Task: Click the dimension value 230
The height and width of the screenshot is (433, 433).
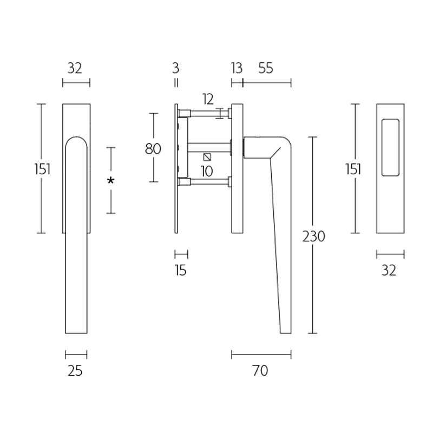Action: pos(313,237)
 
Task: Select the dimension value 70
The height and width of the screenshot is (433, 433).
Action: pos(260,371)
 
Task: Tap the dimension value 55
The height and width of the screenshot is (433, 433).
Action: pos(266,68)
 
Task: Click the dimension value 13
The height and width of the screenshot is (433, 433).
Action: pos(236,68)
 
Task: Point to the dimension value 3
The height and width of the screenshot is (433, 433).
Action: pos(175,68)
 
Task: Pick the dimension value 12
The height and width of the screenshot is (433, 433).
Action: pos(208,99)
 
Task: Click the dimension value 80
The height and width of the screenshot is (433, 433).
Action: pos(153,148)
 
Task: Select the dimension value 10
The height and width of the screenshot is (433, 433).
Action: pos(206,172)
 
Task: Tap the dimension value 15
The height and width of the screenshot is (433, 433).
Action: pos(181,270)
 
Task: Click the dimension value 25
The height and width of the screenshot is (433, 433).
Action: pos(75,371)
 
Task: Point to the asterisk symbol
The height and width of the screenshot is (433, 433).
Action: pos(110,181)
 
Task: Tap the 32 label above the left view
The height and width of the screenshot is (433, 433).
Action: pos(75,68)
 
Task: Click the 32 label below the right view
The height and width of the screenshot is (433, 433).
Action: pos(389,270)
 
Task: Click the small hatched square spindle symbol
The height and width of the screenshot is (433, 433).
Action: pos(207,158)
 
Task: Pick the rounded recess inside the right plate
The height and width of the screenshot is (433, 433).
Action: pos(390,147)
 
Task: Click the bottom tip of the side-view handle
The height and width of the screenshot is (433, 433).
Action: pos(286,332)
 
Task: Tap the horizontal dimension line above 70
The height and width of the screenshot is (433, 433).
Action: pos(261,355)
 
